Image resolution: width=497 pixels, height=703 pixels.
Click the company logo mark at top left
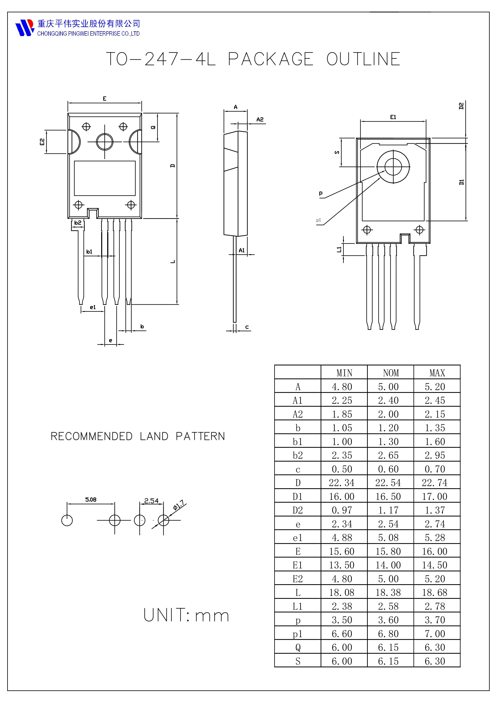tap(25, 28)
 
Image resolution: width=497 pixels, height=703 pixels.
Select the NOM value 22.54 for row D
tap(388, 483)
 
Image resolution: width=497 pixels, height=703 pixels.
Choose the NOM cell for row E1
tap(388, 565)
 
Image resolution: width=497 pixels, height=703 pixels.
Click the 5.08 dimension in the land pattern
tap(91, 500)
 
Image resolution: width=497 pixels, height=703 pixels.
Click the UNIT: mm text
tap(186, 615)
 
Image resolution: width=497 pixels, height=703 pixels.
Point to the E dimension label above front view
tap(104, 99)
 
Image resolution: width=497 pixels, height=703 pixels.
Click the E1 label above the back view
tap(393, 117)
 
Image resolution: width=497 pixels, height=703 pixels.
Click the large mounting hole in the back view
tap(393, 167)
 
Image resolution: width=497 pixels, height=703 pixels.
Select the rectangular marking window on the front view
tap(105, 178)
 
